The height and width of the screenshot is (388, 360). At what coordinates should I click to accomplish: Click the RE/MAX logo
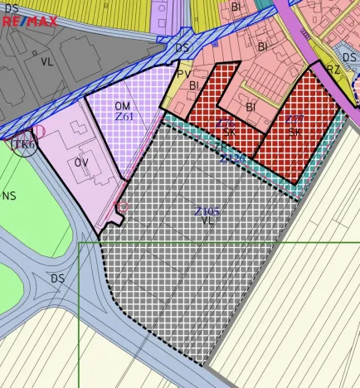pyautogui.click(x=29, y=20)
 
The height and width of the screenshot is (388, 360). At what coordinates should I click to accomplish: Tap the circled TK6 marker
pyautogui.click(x=24, y=144)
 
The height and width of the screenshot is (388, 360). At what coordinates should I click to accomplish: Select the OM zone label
pyautogui.click(x=123, y=106)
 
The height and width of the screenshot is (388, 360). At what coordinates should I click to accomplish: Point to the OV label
pyautogui.click(x=81, y=162)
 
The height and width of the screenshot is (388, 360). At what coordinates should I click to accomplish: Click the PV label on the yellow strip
pyautogui.click(x=183, y=74)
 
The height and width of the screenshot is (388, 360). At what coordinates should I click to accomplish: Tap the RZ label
pyautogui.click(x=333, y=69)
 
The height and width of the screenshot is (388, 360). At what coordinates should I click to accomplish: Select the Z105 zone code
pyautogui.click(x=207, y=211)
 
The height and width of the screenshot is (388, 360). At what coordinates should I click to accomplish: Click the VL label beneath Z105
pyautogui.click(x=207, y=222)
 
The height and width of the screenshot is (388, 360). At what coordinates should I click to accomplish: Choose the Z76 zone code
pyautogui.click(x=225, y=123)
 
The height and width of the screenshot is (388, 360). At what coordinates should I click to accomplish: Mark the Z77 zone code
pyautogui.click(x=294, y=120)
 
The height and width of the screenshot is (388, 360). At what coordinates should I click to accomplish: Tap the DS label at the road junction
pyautogui.click(x=57, y=279)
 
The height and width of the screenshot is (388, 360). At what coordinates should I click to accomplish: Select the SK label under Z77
pyautogui.click(x=294, y=132)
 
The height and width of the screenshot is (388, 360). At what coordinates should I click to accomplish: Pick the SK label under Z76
pyautogui.click(x=229, y=132)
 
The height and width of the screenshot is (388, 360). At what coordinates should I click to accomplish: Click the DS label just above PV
pyautogui.click(x=182, y=48)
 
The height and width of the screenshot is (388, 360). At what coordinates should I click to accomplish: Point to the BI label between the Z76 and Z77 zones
pyautogui.click(x=251, y=107)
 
